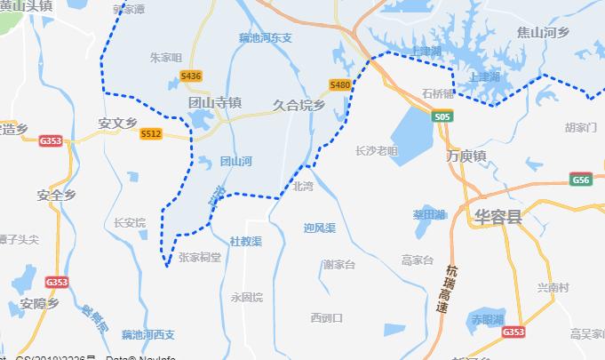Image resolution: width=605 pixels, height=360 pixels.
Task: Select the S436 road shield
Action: tap(191, 76)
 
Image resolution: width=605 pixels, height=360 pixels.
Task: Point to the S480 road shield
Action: tap(339, 84)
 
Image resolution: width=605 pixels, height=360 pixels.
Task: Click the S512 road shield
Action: tap(151, 133)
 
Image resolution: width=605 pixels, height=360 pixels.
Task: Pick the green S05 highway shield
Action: tap(442, 116)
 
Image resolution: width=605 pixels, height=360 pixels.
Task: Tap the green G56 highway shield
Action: tap(582, 180)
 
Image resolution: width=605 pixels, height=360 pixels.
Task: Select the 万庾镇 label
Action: tap(466, 156)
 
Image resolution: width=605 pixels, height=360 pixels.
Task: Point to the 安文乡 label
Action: tap(118, 123)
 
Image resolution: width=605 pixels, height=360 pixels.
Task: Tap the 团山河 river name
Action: tap(236, 161)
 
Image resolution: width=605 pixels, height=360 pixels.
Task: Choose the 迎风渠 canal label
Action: tap(319, 228)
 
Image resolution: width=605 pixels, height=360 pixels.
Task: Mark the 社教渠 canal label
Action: tap(246, 241)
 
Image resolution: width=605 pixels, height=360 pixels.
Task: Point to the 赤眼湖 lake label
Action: tap(488, 318)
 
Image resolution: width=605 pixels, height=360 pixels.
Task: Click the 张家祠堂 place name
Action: tap(200, 257)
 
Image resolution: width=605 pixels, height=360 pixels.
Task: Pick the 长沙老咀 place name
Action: tap(377, 150)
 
